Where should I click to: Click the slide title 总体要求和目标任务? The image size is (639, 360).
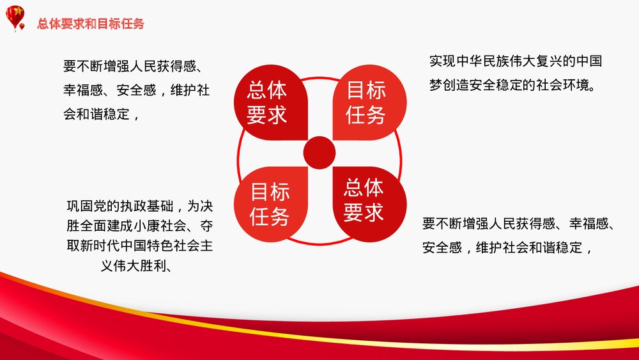[x=90, y=24]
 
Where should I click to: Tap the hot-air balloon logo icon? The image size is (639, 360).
[x=16, y=17]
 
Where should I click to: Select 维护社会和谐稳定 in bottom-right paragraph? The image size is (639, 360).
[x=529, y=247]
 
